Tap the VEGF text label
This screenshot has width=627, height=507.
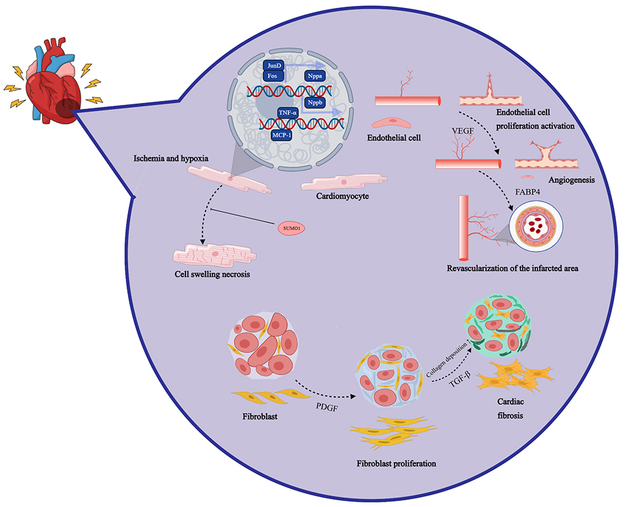pos(463,129)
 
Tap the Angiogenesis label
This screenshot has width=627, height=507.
pos(571,180)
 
